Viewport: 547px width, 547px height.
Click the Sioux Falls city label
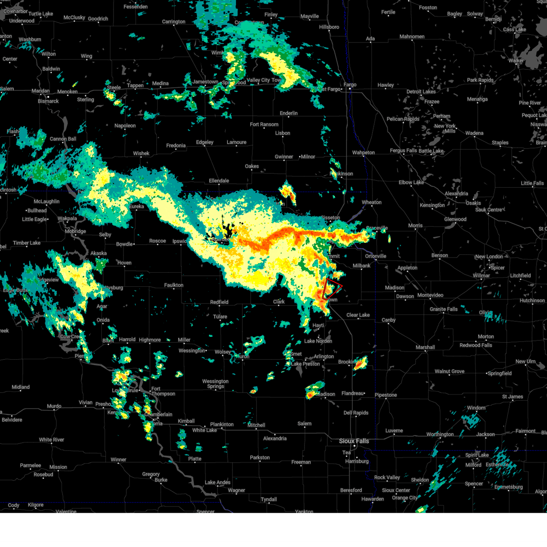(x=354, y=441)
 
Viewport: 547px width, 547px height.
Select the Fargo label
(x=350, y=85)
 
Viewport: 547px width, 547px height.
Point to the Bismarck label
(x=48, y=101)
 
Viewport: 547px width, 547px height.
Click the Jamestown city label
(x=205, y=82)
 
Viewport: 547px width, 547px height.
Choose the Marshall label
(x=425, y=347)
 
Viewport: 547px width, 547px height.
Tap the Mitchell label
(x=256, y=425)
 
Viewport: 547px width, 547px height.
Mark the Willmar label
(x=481, y=276)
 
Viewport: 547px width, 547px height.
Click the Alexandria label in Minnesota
(x=456, y=194)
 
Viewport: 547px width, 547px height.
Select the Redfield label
(x=219, y=302)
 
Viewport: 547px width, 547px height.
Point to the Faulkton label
(x=174, y=285)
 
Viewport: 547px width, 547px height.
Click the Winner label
(x=119, y=459)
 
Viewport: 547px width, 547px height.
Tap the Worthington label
(x=440, y=434)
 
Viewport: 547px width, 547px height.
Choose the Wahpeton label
(x=363, y=153)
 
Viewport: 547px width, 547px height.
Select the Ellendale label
(x=219, y=181)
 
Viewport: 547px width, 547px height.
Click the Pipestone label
(x=386, y=395)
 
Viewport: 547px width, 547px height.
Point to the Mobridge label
(x=75, y=231)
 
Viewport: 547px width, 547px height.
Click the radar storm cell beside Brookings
(x=361, y=363)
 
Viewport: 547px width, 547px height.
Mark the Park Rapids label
(x=480, y=80)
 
